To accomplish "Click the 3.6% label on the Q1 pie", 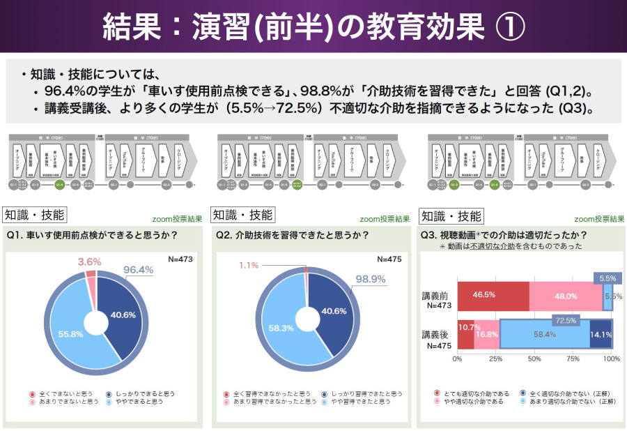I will coord(88,262).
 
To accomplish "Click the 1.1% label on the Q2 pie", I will coord(249,265).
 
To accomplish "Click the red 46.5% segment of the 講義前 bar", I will coord(493,296).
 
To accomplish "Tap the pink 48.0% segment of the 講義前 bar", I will coord(566,296).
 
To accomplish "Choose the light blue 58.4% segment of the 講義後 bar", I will coord(544,334).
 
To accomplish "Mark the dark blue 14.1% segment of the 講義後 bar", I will coord(601,334).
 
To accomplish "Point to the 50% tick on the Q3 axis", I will coord(535,358).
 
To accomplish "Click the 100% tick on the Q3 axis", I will coord(611,358).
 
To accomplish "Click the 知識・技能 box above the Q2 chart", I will coord(242,215).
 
